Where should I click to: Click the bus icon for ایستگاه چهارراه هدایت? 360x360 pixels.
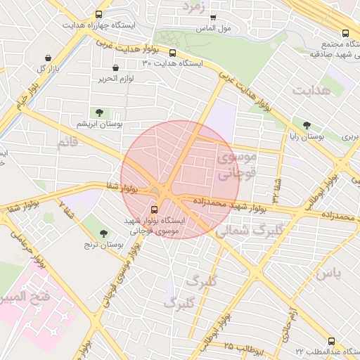[98, 14]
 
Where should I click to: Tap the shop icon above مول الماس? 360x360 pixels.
[213, 18]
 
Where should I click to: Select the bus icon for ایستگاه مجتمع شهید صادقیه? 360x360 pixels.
[345, 33]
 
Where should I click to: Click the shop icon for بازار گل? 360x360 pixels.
[47, 58]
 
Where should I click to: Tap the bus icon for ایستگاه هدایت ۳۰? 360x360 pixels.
[172, 53]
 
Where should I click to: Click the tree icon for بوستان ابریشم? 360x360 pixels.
[98, 112]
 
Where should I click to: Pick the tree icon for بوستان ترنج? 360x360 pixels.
[104, 233]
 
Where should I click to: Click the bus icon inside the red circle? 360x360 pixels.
[155, 209]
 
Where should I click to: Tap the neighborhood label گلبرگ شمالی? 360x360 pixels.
[250, 229]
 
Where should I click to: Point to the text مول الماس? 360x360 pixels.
[214, 29]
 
